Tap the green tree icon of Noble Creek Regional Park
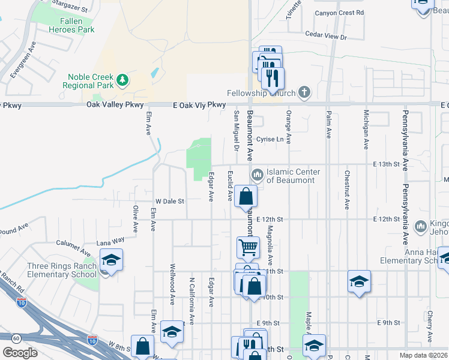pos(122,80)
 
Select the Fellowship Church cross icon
pos(304,92)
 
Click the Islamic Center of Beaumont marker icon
pos(258,175)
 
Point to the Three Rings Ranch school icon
pos(111,260)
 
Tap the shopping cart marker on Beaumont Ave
pos(247,247)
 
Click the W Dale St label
pos(169,201)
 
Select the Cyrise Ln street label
pos(270,139)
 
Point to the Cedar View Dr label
pos(326,37)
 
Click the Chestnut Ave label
pos(346,190)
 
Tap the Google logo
pos(20,353)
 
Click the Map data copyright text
pos(423,355)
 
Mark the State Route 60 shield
pos(16,339)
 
